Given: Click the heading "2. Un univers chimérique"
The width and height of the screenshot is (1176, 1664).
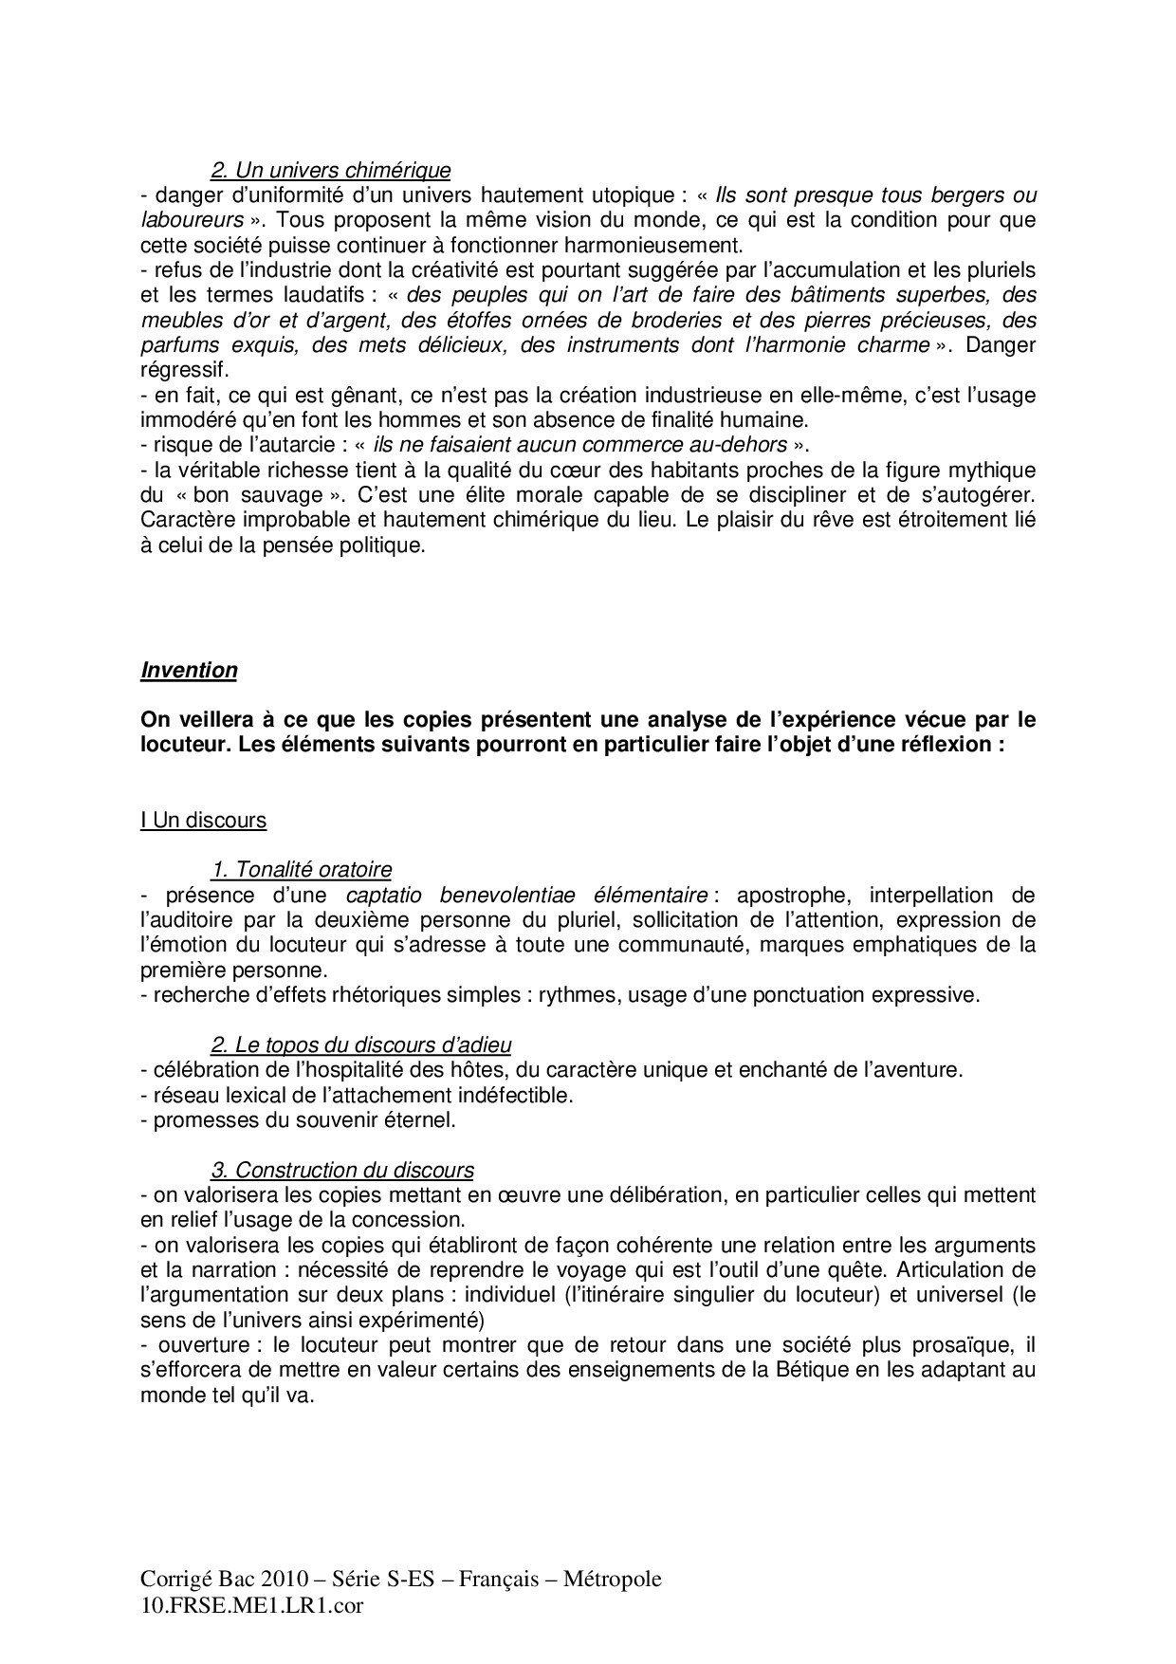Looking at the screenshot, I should pos(330,171).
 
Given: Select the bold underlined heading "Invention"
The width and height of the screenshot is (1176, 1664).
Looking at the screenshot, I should pos(189,670).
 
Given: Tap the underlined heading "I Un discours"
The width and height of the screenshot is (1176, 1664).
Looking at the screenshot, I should pos(203,820).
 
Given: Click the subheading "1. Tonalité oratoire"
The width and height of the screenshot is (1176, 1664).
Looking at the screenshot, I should pos(301,869).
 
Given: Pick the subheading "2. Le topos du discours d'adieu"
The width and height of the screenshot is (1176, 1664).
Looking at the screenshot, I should pos(360,1045).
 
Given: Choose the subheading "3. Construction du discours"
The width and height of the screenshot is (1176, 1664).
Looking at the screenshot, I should pos(341,1171).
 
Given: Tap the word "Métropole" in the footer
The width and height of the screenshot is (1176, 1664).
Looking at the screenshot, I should pos(613,1580).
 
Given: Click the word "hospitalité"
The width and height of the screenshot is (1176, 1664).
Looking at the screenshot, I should pos(337,1070).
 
